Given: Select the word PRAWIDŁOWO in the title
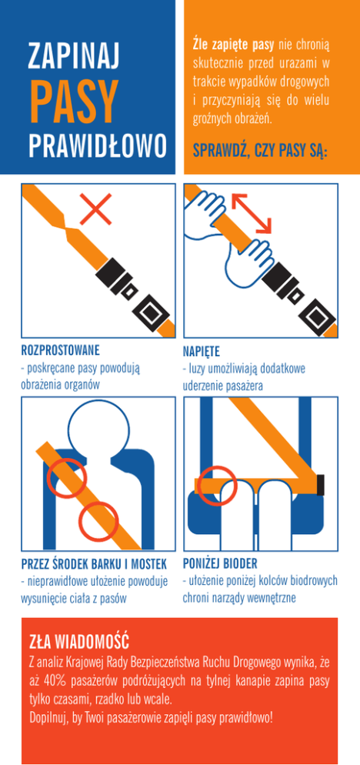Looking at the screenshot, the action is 98,145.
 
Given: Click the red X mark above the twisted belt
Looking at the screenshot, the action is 95,209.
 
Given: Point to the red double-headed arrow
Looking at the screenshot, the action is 252,213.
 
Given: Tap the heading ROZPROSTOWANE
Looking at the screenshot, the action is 61,350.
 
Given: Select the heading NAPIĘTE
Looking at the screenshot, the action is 202,351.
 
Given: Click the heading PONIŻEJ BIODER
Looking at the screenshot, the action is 220,564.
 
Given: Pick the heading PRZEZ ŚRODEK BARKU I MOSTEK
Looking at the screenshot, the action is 94,564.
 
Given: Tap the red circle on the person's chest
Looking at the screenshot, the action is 98,522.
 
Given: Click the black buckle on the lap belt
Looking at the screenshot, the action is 321,484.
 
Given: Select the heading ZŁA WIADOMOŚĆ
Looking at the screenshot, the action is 78,640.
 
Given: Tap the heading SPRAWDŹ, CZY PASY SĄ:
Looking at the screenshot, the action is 260,151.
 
